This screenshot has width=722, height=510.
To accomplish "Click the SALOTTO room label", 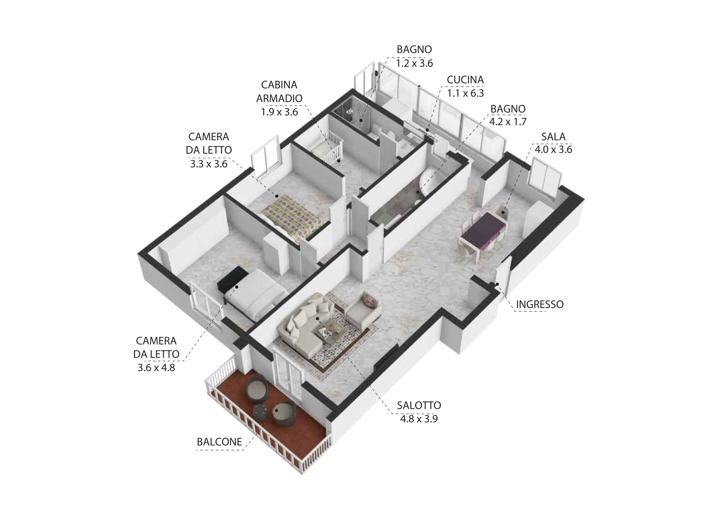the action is click(419, 405).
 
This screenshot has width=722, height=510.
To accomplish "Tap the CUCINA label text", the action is click(465, 80).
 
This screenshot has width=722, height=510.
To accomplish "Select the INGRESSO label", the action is click(540, 304).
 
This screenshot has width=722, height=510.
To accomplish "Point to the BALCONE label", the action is click(219, 442).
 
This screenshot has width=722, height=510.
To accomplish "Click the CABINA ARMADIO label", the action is click(279, 92).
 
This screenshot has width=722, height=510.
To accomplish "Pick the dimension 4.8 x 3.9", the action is click(419, 419).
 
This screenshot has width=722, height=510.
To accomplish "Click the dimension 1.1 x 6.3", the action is click(465, 93).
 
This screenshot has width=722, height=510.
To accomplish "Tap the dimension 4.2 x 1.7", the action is click(508, 122).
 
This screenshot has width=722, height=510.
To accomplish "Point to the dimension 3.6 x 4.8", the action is click(156, 368).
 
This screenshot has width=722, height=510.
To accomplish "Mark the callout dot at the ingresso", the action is click(497, 284).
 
